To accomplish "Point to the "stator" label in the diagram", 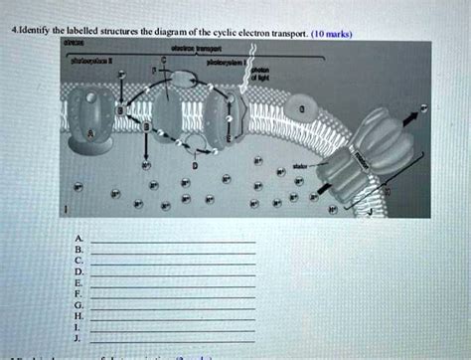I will click(x=299, y=164).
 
